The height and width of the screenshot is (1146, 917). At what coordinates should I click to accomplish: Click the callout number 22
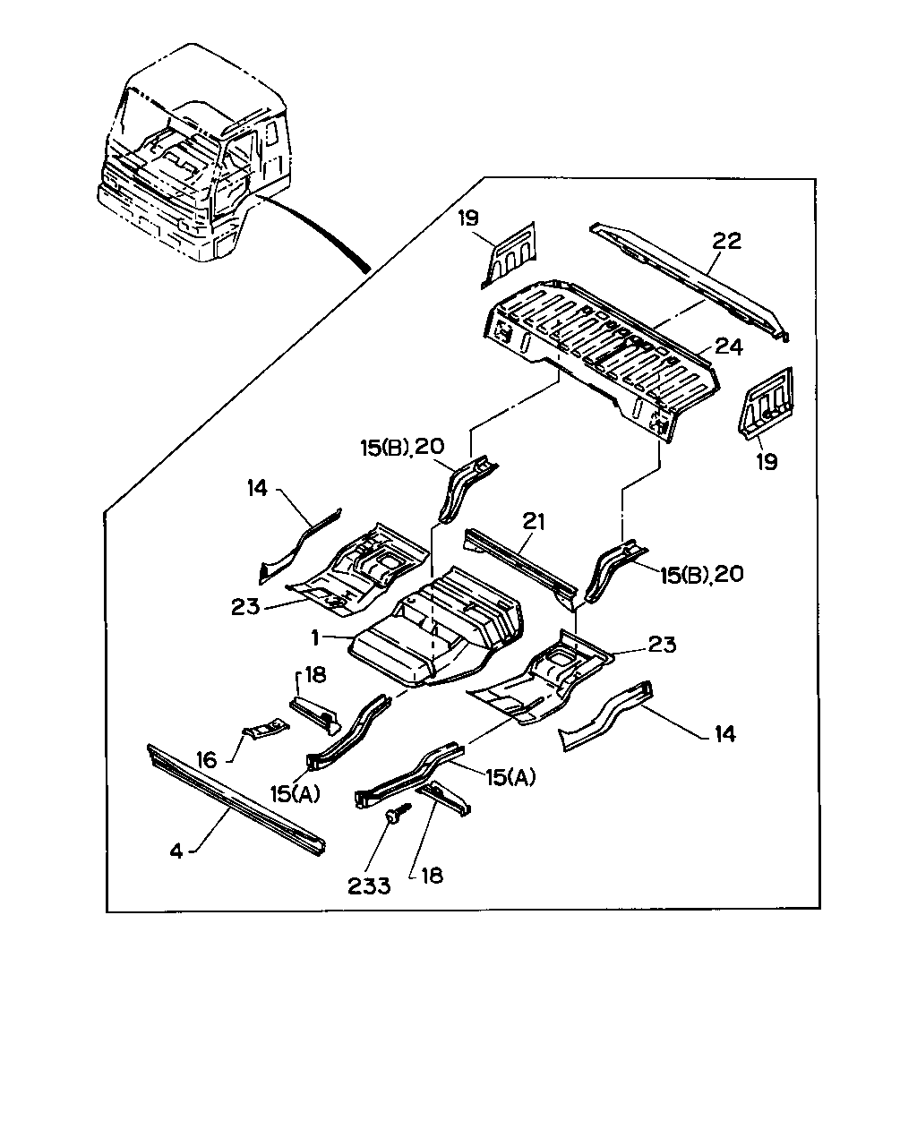pyautogui.click(x=727, y=241)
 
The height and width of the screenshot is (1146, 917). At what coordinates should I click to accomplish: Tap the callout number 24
pyautogui.click(x=729, y=347)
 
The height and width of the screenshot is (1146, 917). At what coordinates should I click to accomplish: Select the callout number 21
pyautogui.click(x=534, y=522)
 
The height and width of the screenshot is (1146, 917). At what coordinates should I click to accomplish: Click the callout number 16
pyautogui.click(x=207, y=760)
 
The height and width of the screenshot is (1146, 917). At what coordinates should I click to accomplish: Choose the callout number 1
pyautogui.click(x=315, y=638)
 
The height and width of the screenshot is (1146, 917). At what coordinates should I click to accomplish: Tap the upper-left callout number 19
pyautogui.click(x=468, y=218)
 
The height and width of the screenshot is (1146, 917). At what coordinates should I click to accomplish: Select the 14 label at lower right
pyautogui.click(x=724, y=734)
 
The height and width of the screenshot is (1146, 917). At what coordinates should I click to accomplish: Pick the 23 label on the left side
pyautogui.click(x=245, y=607)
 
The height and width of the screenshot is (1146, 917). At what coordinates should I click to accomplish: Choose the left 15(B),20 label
pyautogui.click(x=402, y=448)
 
